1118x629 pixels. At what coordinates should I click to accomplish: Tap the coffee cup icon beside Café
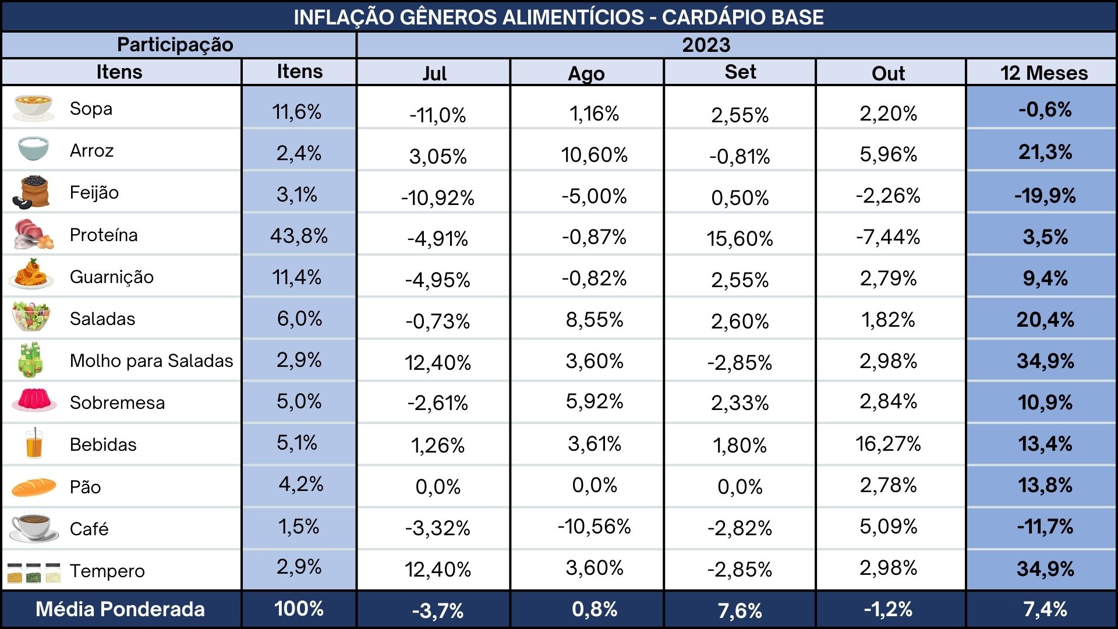click(34, 528)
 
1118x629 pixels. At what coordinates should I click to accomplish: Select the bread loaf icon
click(34, 487)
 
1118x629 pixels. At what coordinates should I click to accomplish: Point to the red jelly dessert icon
click(34, 401)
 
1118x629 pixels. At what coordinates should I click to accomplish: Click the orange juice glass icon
click(34, 444)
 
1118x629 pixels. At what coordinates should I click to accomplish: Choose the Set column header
click(740, 72)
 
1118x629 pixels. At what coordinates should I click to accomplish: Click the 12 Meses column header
click(1044, 73)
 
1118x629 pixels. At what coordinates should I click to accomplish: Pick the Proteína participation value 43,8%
click(299, 236)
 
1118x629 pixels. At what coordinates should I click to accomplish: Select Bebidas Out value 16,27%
click(888, 444)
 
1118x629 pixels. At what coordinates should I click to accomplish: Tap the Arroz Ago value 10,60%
click(594, 155)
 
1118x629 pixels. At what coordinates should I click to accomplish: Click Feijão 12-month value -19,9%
click(1045, 196)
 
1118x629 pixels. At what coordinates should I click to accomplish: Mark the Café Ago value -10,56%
click(594, 526)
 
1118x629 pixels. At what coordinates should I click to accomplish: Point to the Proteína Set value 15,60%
click(740, 238)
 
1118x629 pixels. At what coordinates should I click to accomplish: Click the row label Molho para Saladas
click(151, 361)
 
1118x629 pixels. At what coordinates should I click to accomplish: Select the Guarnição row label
click(112, 277)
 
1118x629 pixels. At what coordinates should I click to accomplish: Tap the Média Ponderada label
click(120, 609)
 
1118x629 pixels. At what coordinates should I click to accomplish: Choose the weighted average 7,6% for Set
click(740, 611)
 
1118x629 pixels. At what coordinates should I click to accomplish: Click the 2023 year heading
click(706, 45)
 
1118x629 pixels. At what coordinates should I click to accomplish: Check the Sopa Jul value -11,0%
click(437, 115)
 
